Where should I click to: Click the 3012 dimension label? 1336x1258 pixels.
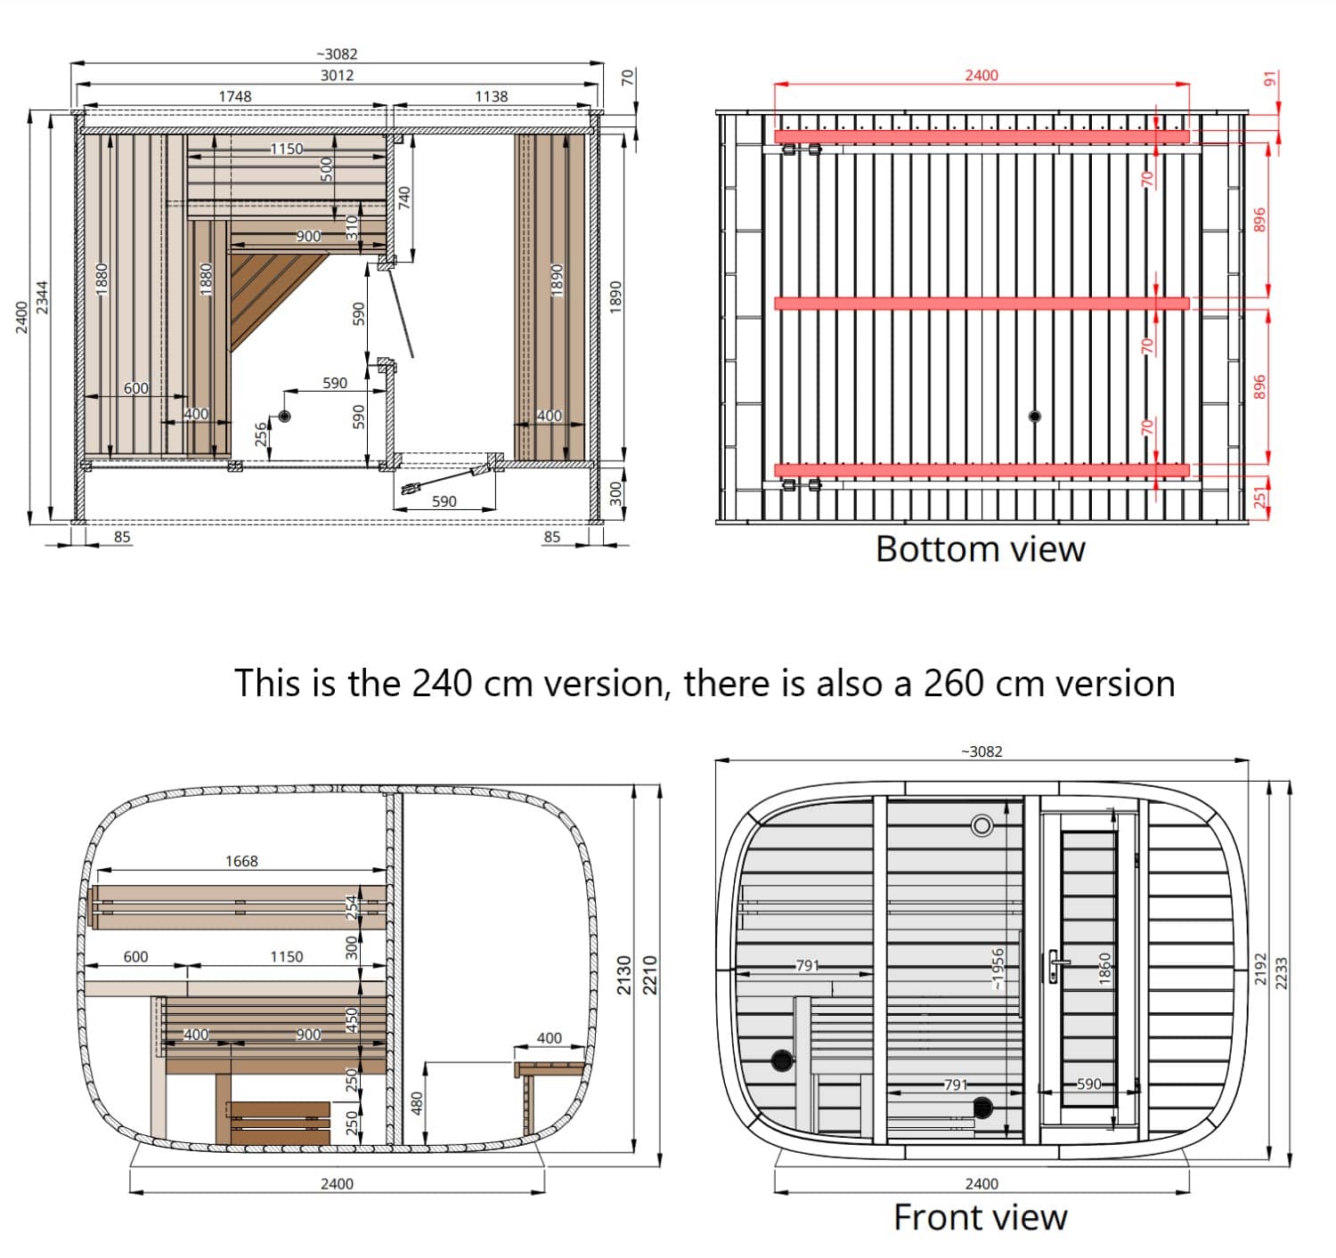click(x=337, y=75)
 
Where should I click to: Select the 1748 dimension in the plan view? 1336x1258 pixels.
click(x=235, y=96)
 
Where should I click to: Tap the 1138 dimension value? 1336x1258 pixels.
click(x=491, y=96)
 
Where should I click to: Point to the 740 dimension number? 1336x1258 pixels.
click(x=404, y=198)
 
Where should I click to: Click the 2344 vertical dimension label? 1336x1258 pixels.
click(x=43, y=296)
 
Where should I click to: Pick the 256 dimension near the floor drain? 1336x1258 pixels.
click(x=261, y=434)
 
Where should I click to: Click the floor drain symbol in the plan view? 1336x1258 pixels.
click(x=284, y=417)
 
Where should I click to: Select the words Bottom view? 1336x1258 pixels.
click(x=980, y=549)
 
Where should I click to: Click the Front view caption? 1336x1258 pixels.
click(x=980, y=1217)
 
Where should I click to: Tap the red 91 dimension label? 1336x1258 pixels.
click(x=1269, y=79)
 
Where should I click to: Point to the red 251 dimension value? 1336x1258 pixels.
click(x=1260, y=497)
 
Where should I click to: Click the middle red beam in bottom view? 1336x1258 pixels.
click(x=982, y=304)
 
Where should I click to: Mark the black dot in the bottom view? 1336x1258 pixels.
click(x=1035, y=417)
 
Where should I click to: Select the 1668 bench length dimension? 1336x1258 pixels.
click(x=241, y=861)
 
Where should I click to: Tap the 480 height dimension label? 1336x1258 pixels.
click(x=417, y=1103)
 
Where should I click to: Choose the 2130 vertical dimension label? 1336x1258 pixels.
click(x=624, y=975)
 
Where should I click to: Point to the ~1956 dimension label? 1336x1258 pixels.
click(x=998, y=969)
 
